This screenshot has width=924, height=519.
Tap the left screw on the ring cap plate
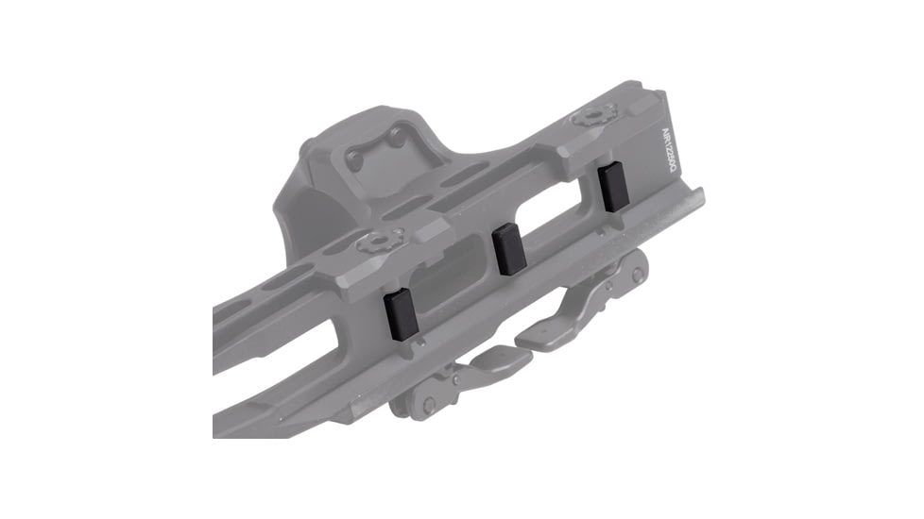tap(356, 160)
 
